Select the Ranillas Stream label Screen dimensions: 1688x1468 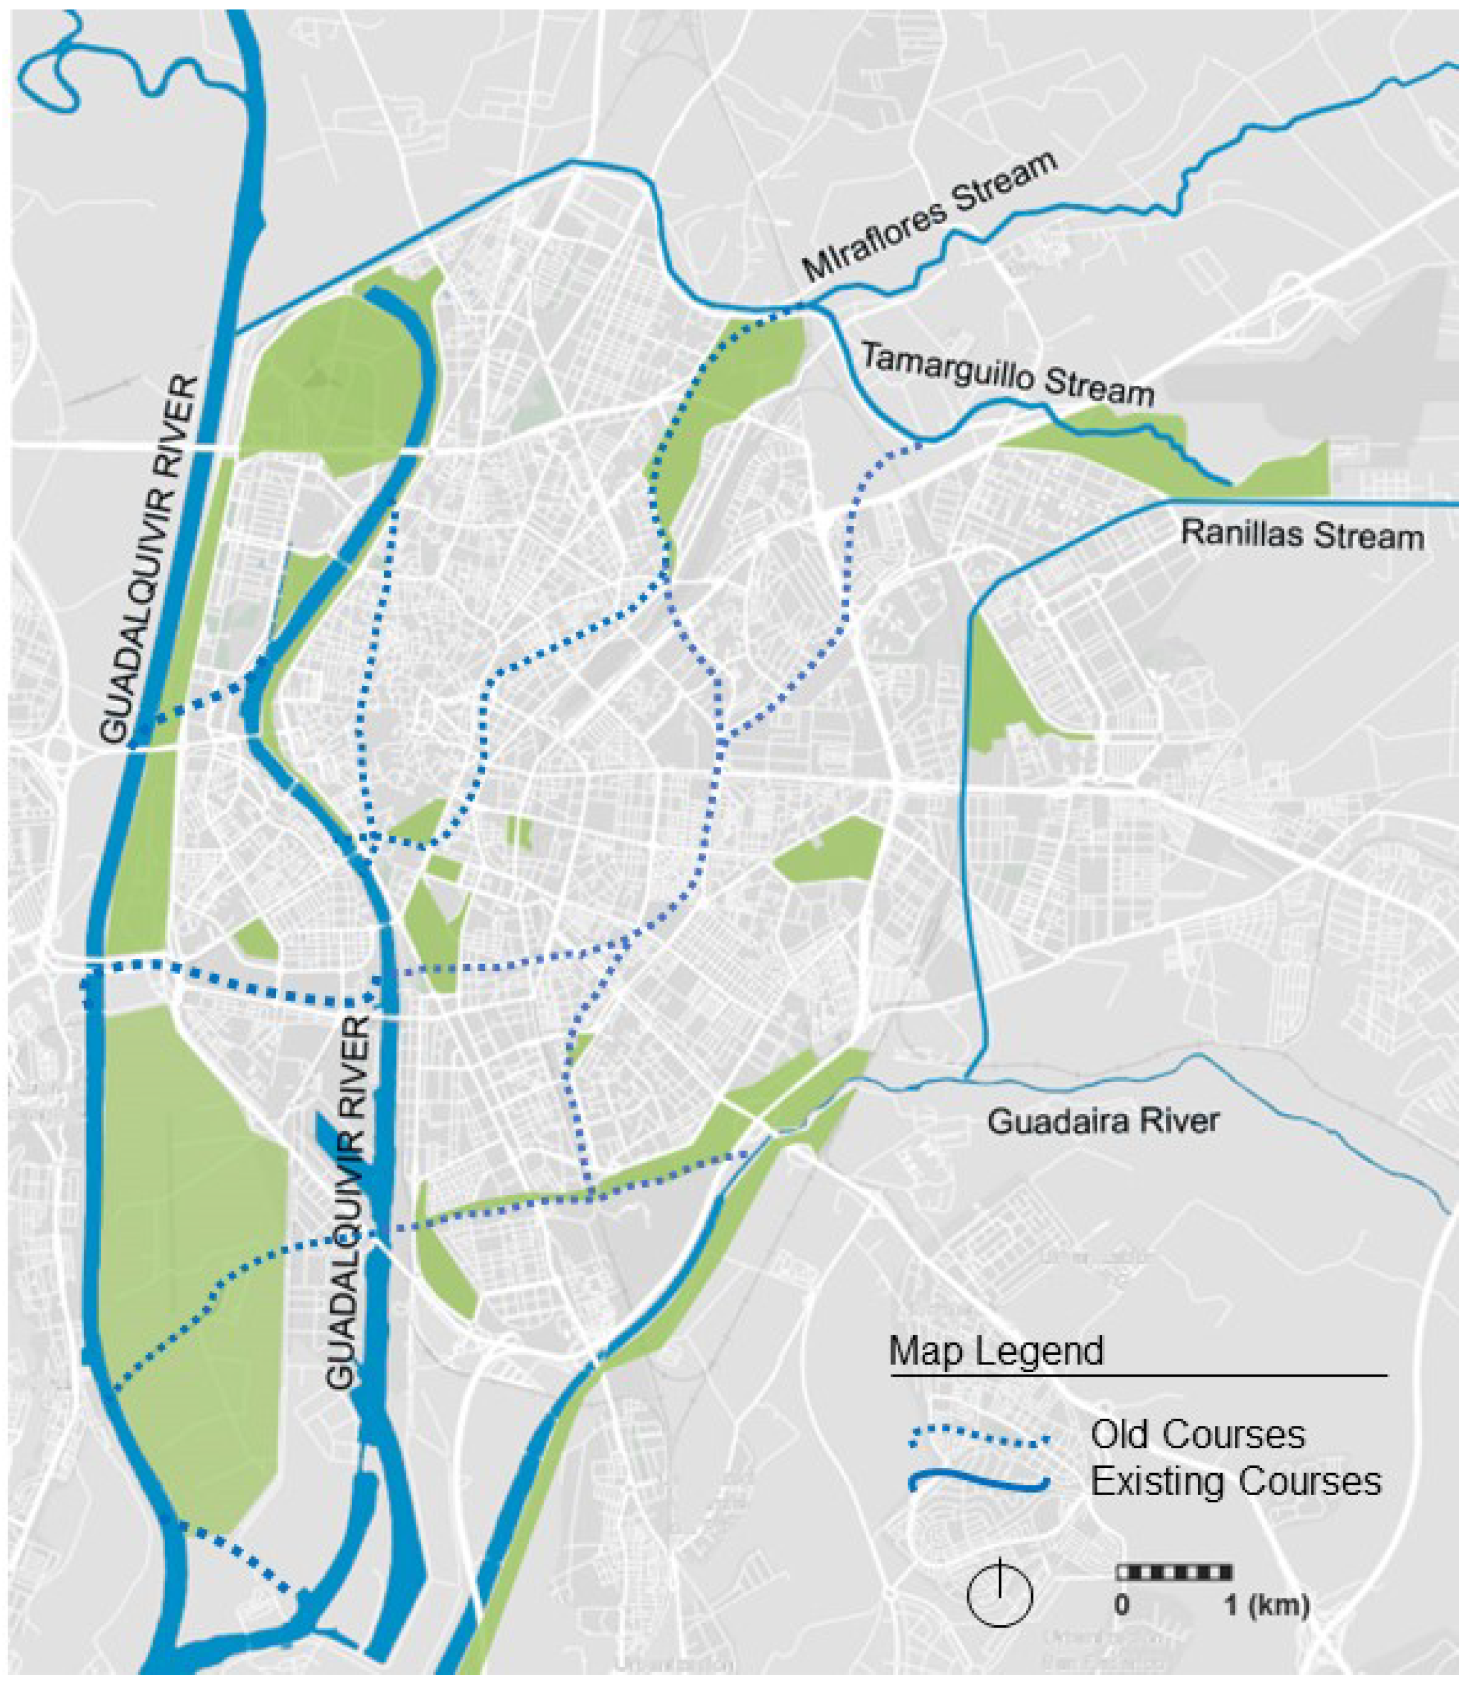coord(1302,536)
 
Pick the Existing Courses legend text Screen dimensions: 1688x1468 coord(1236,1481)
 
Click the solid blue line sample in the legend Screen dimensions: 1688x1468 coord(980,1483)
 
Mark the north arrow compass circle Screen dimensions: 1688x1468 coord(999,1594)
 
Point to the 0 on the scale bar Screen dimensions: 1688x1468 coord(1122,1605)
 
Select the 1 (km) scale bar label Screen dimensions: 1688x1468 coord(1267,1605)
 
